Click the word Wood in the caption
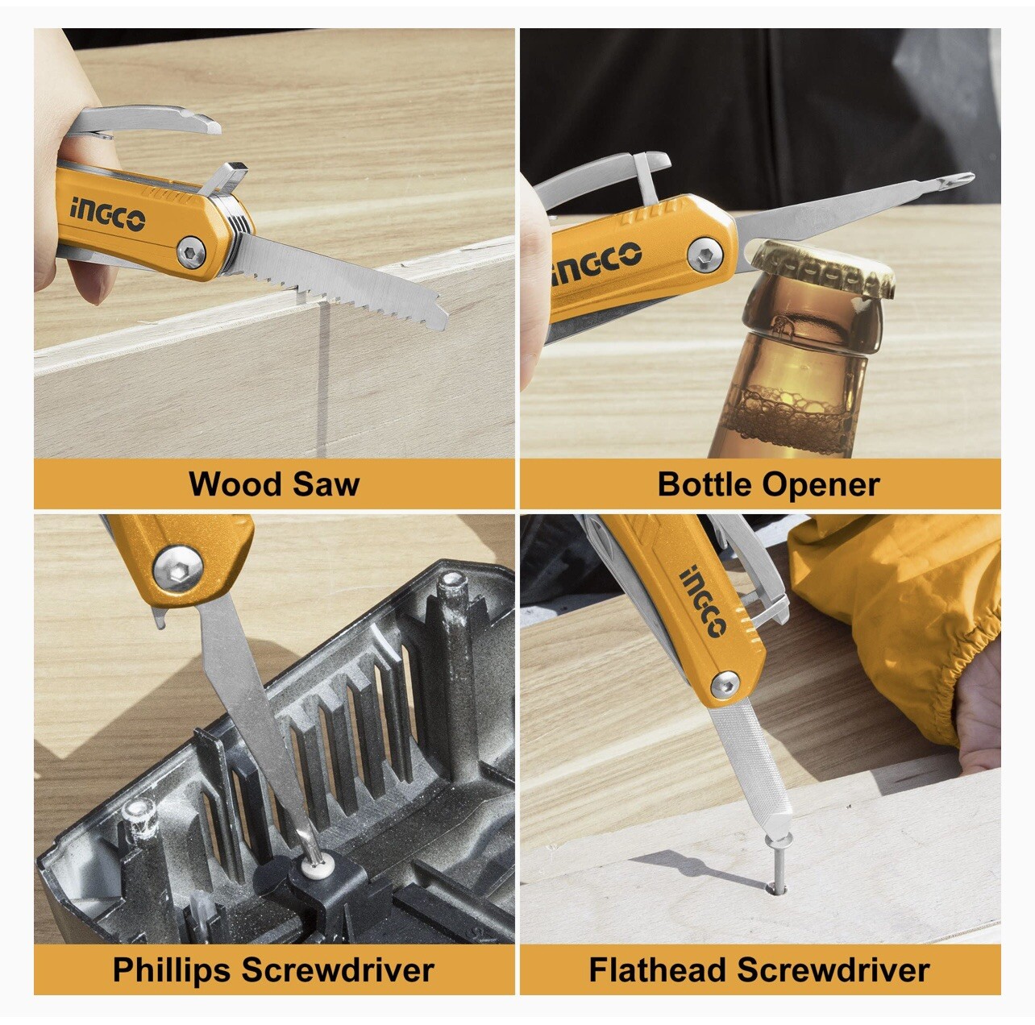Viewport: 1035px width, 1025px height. point(235,484)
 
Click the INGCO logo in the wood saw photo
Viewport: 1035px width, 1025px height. point(107,214)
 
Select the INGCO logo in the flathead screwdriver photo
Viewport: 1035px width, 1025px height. point(703,602)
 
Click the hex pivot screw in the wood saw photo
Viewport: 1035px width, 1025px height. point(193,251)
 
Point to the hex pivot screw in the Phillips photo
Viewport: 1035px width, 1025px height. point(178,568)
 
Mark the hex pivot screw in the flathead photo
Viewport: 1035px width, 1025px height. point(725,685)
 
